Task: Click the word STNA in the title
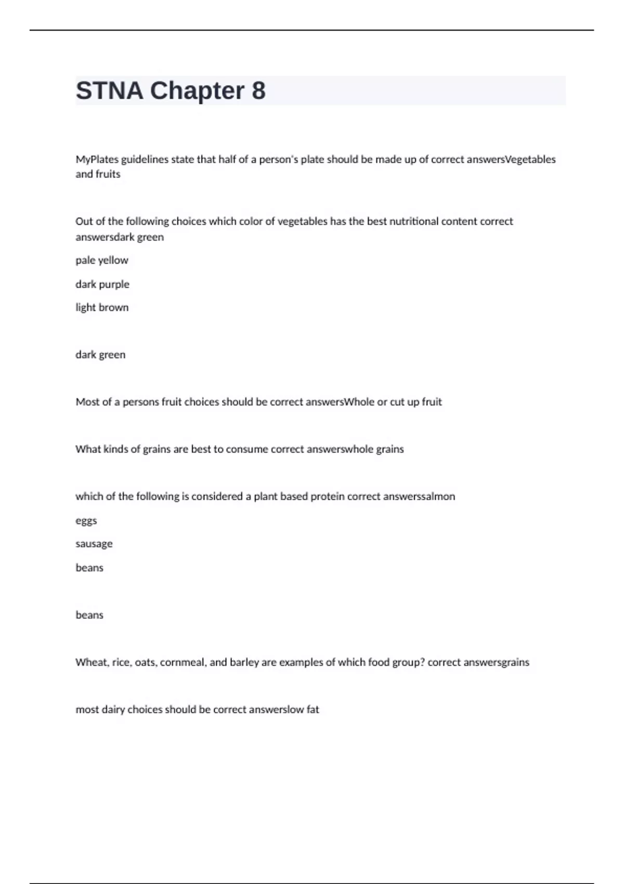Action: [109, 91]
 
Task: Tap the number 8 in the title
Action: [258, 91]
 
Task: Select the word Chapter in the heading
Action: [197, 91]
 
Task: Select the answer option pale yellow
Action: [102, 261]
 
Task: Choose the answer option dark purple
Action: [102, 284]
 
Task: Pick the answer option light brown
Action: [102, 307]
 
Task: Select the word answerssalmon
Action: [419, 497]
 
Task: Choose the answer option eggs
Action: [86, 521]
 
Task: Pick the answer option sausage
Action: [94, 544]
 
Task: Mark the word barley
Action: [244, 662]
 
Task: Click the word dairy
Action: [113, 710]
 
